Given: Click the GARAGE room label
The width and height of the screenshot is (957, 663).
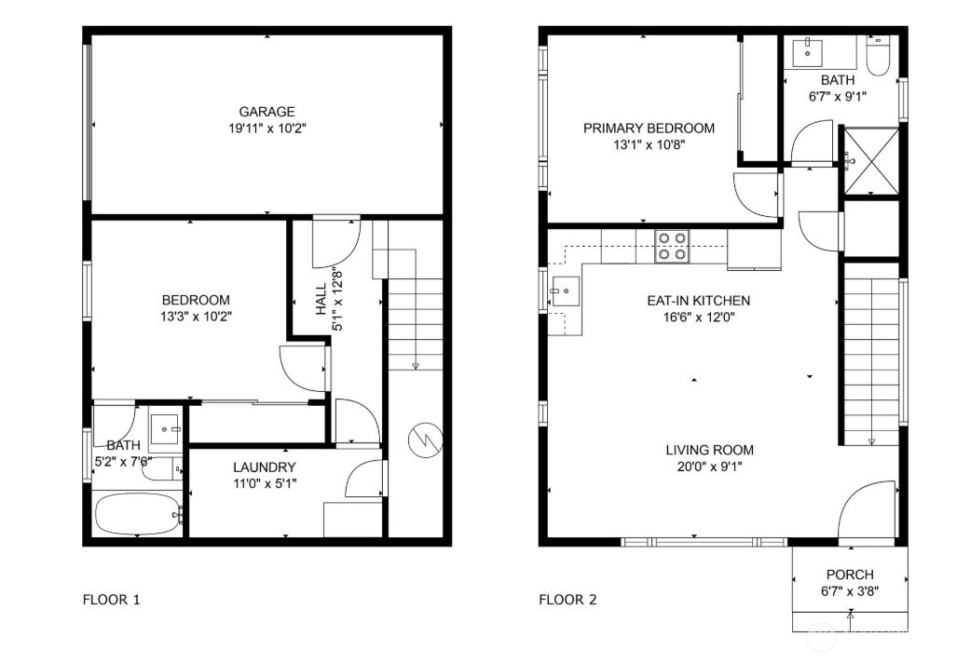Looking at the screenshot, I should (x=267, y=112).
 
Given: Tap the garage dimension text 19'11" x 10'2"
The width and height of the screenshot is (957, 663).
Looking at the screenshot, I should (x=267, y=128).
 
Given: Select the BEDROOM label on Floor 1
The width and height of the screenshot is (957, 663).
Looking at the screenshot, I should (x=196, y=300).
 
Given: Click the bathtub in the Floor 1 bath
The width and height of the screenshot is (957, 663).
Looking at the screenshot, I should (x=137, y=514).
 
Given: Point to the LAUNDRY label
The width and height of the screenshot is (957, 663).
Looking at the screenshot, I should (x=265, y=467).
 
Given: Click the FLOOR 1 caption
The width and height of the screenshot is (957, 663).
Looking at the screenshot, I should (x=112, y=599).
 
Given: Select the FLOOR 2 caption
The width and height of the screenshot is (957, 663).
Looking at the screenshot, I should (x=567, y=599).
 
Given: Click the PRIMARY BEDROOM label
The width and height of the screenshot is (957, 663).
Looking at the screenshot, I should (x=649, y=128).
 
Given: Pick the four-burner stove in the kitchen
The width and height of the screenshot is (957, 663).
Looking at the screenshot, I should (x=671, y=246).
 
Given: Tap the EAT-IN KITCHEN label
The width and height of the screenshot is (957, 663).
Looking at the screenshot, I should (x=698, y=301).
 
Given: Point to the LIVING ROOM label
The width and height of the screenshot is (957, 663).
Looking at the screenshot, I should (x=709, y=450).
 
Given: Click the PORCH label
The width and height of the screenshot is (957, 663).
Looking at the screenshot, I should (x=849, y=575).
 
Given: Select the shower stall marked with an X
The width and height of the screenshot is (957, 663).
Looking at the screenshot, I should (x=870, y=162).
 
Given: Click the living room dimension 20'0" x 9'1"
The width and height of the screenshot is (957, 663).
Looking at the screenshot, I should (x=709, y=466).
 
